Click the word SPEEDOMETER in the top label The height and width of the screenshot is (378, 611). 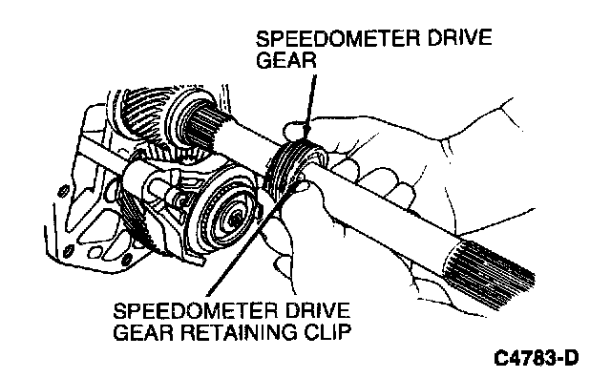pyautogui.click(x=337, y=38)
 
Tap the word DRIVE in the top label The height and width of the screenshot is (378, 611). pyautogui.click(x=459, y=38)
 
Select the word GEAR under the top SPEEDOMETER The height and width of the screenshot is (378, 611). pyautogui.click(x=286, y=60)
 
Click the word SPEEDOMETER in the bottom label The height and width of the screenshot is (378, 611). pyautogui.click(x=195, y=310)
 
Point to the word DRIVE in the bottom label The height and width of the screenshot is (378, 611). pyautogui.click(x=317, y=310)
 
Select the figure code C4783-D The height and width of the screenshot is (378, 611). pyautogui.click(x=537, y=358)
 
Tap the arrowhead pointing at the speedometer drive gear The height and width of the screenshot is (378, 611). pyautogui.click(x=305, y=136)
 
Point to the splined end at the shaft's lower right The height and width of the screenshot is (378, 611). pyautogui.click(x=489, y=273)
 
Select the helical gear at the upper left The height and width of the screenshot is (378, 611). pyautogui.click(x=144, y=113)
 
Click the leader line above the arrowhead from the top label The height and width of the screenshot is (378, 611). pyautogui.click(x=312, y=101)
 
